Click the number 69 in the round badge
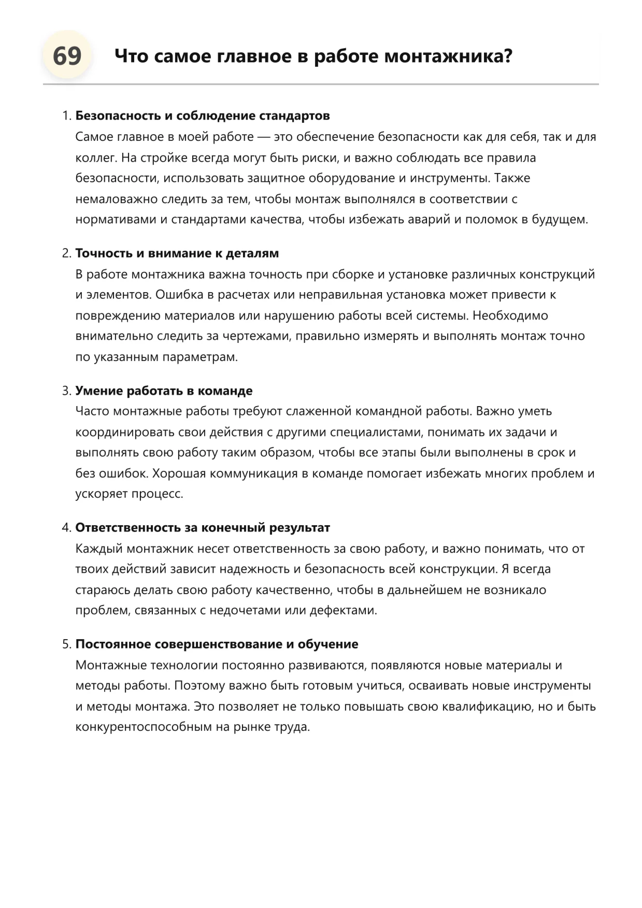click(67, 56)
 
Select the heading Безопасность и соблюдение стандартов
click(203, 116)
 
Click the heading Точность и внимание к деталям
click(177, 253)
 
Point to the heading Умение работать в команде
click(164, 391)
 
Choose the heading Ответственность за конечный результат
click(203, 528)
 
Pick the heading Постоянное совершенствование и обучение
click(217, 644)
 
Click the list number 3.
click(66, 391)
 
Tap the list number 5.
click(66, 644)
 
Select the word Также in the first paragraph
click(512, 178)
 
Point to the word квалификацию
click(487, 707)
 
